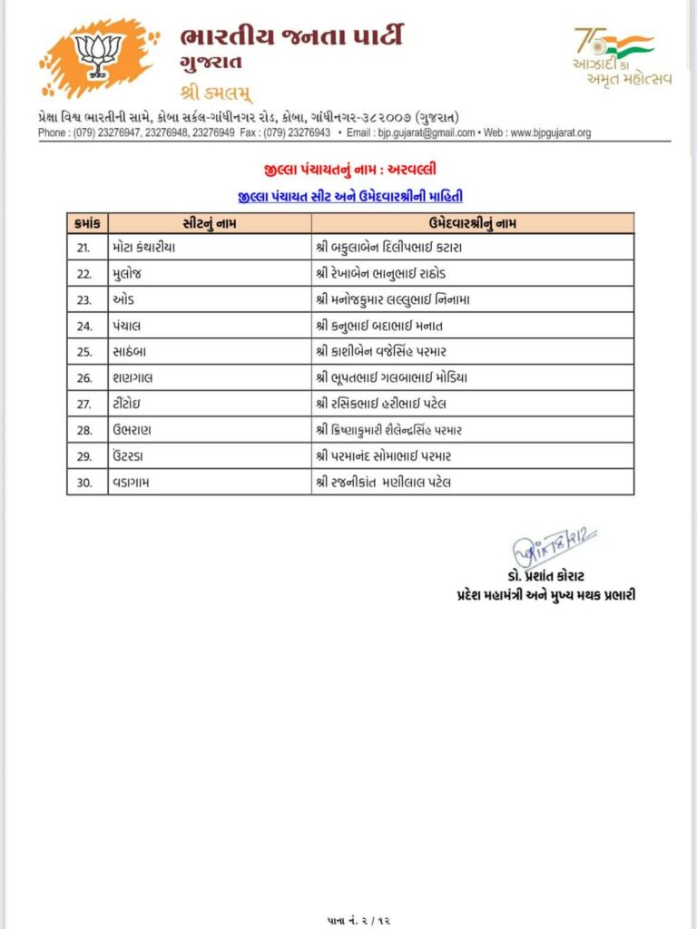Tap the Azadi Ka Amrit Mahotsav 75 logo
pyautogui.click(x=622, y=56)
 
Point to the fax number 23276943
pyautogui.click(x=309, y=132)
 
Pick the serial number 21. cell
pyautogui.click(x=85, y=247)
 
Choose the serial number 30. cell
pyautogui.click(x=85, y=483)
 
